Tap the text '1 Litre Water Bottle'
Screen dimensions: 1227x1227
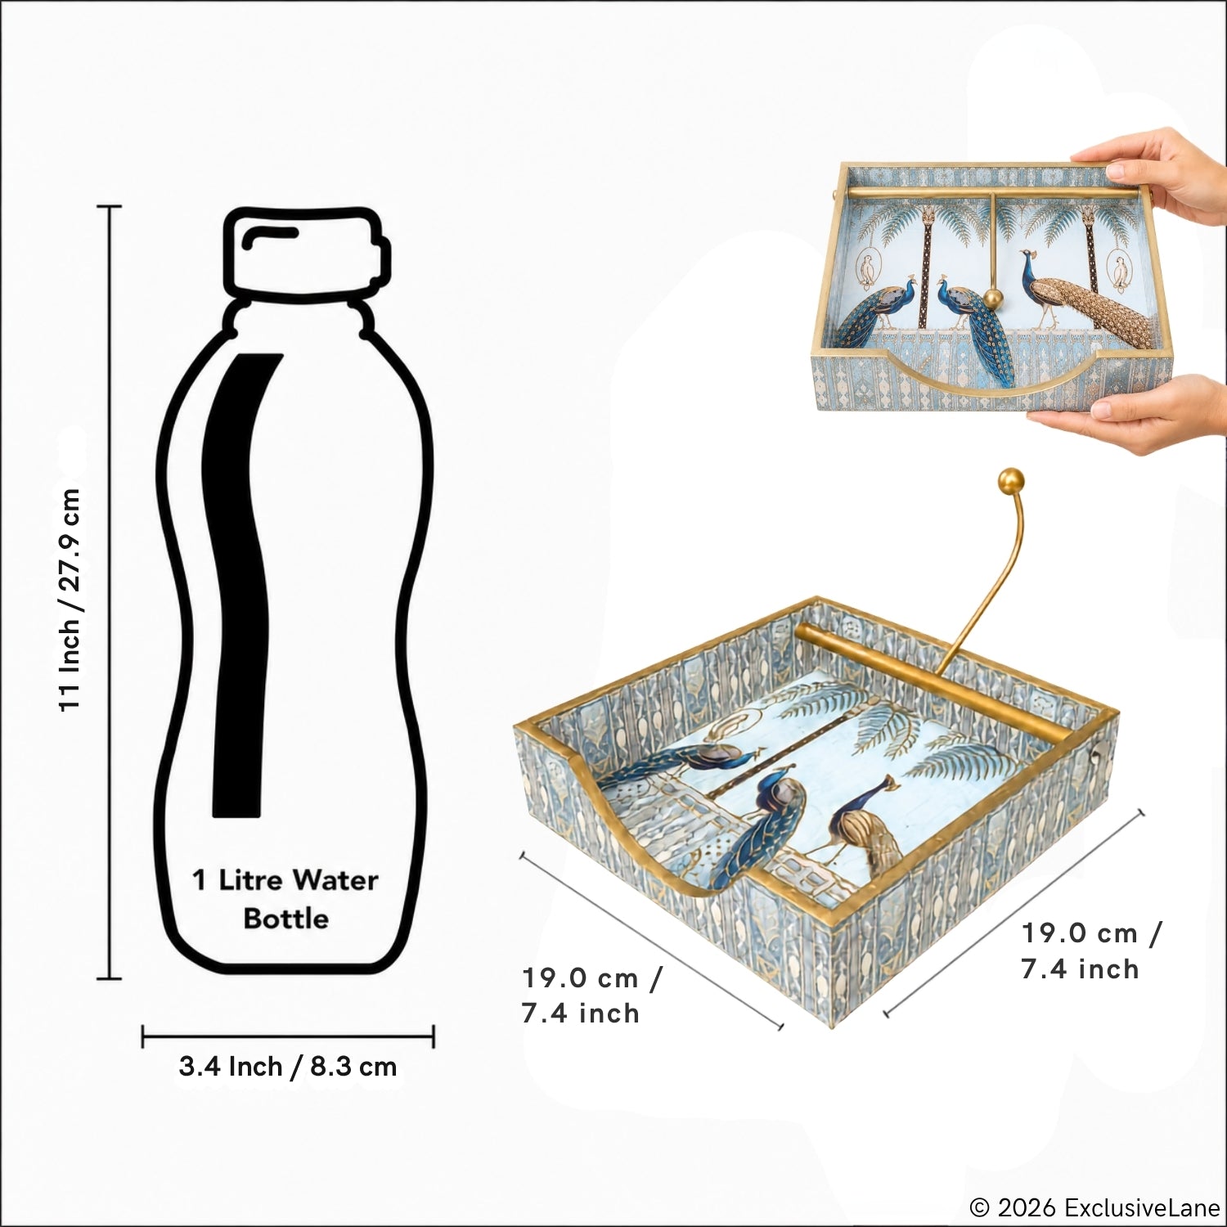[285, 899]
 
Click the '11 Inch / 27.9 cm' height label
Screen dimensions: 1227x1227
[70, 600]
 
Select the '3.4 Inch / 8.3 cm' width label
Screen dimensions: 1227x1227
[288, 1067]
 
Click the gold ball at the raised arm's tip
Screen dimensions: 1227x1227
[1012, 481]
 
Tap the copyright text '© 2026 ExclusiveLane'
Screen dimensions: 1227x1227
[1094, 1207]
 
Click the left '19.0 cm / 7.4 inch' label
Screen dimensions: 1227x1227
[591, 996]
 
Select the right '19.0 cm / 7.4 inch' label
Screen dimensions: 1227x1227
[1091, 951]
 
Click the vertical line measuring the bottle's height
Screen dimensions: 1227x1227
[109, 592]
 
